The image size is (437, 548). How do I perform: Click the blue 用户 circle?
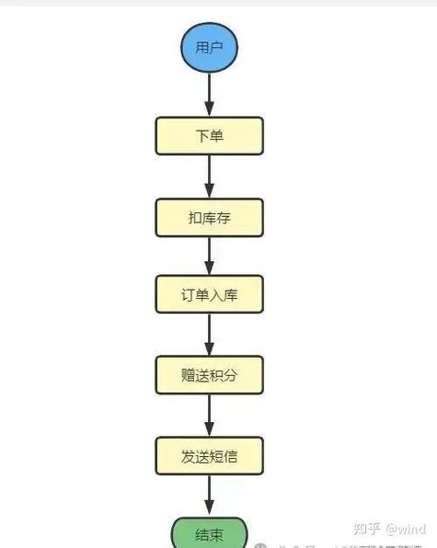pyautogui.click(x=210, y=46)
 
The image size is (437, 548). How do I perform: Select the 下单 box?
pyautogui.click(x=210, y=137)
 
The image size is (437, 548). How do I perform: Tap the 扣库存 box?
pyautogui.click(x=210, y=217)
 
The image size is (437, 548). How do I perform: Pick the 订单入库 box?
pyautogui.click(x=210, y=295)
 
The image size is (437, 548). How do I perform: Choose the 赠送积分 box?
pyautogui.click(x=210, y=374)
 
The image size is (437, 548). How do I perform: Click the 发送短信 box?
pyautogui.click(x=210, y=454)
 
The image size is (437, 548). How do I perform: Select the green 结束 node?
pyautogui.click(x=210, y=534)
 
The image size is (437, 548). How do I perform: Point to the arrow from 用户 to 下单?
pyautogui.click(x=210, y=95)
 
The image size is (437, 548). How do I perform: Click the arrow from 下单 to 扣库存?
pyautogui.click(x=210, y=177)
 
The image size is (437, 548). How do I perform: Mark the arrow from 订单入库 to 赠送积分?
pyautogui.click(x=210, y=335)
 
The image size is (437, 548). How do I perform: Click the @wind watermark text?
pyautogui.click(x=406, y=529)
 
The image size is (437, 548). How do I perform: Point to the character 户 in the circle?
pyautogui.click(x=217, y=46)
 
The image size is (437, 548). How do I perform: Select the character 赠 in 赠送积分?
pyautogui.click(x=189, y=374)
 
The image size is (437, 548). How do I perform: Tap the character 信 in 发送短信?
pyautogui.click(x=231, y=454)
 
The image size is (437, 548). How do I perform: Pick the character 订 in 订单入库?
pyautogui.click(x=189, y=295)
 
